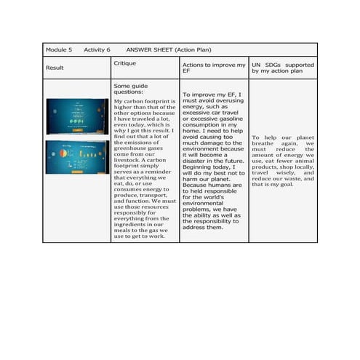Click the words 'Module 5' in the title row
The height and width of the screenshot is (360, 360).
59,49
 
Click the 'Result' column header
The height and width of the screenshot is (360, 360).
55,68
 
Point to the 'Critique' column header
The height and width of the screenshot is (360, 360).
124,63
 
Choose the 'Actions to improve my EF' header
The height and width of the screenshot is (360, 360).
213,68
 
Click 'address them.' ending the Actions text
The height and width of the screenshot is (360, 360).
203,226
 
